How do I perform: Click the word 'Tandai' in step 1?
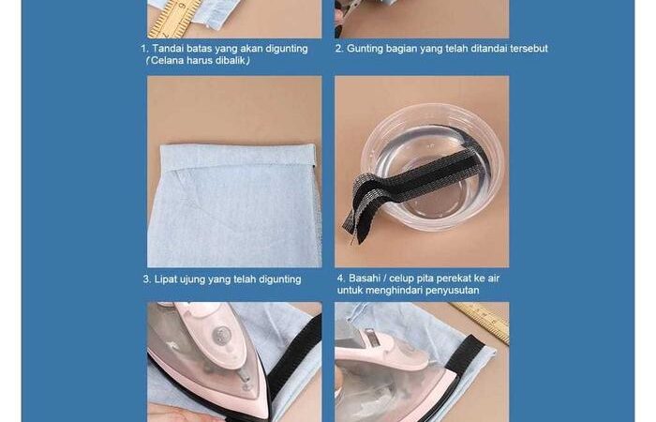click(x=168, y=49)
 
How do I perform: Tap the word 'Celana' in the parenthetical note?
click(x=166, y=60)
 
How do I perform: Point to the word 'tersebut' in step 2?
click(x=529, y=49)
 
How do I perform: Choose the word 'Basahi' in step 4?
click(x=365, y=278)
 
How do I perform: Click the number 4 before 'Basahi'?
click(x=340, y=278)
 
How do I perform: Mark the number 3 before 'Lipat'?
click(x=146, y=279)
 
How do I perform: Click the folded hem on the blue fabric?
click(x=238, y=157)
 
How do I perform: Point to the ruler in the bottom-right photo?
click(x=481, y=321)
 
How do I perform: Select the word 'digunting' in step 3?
click(x=280, y=279)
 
